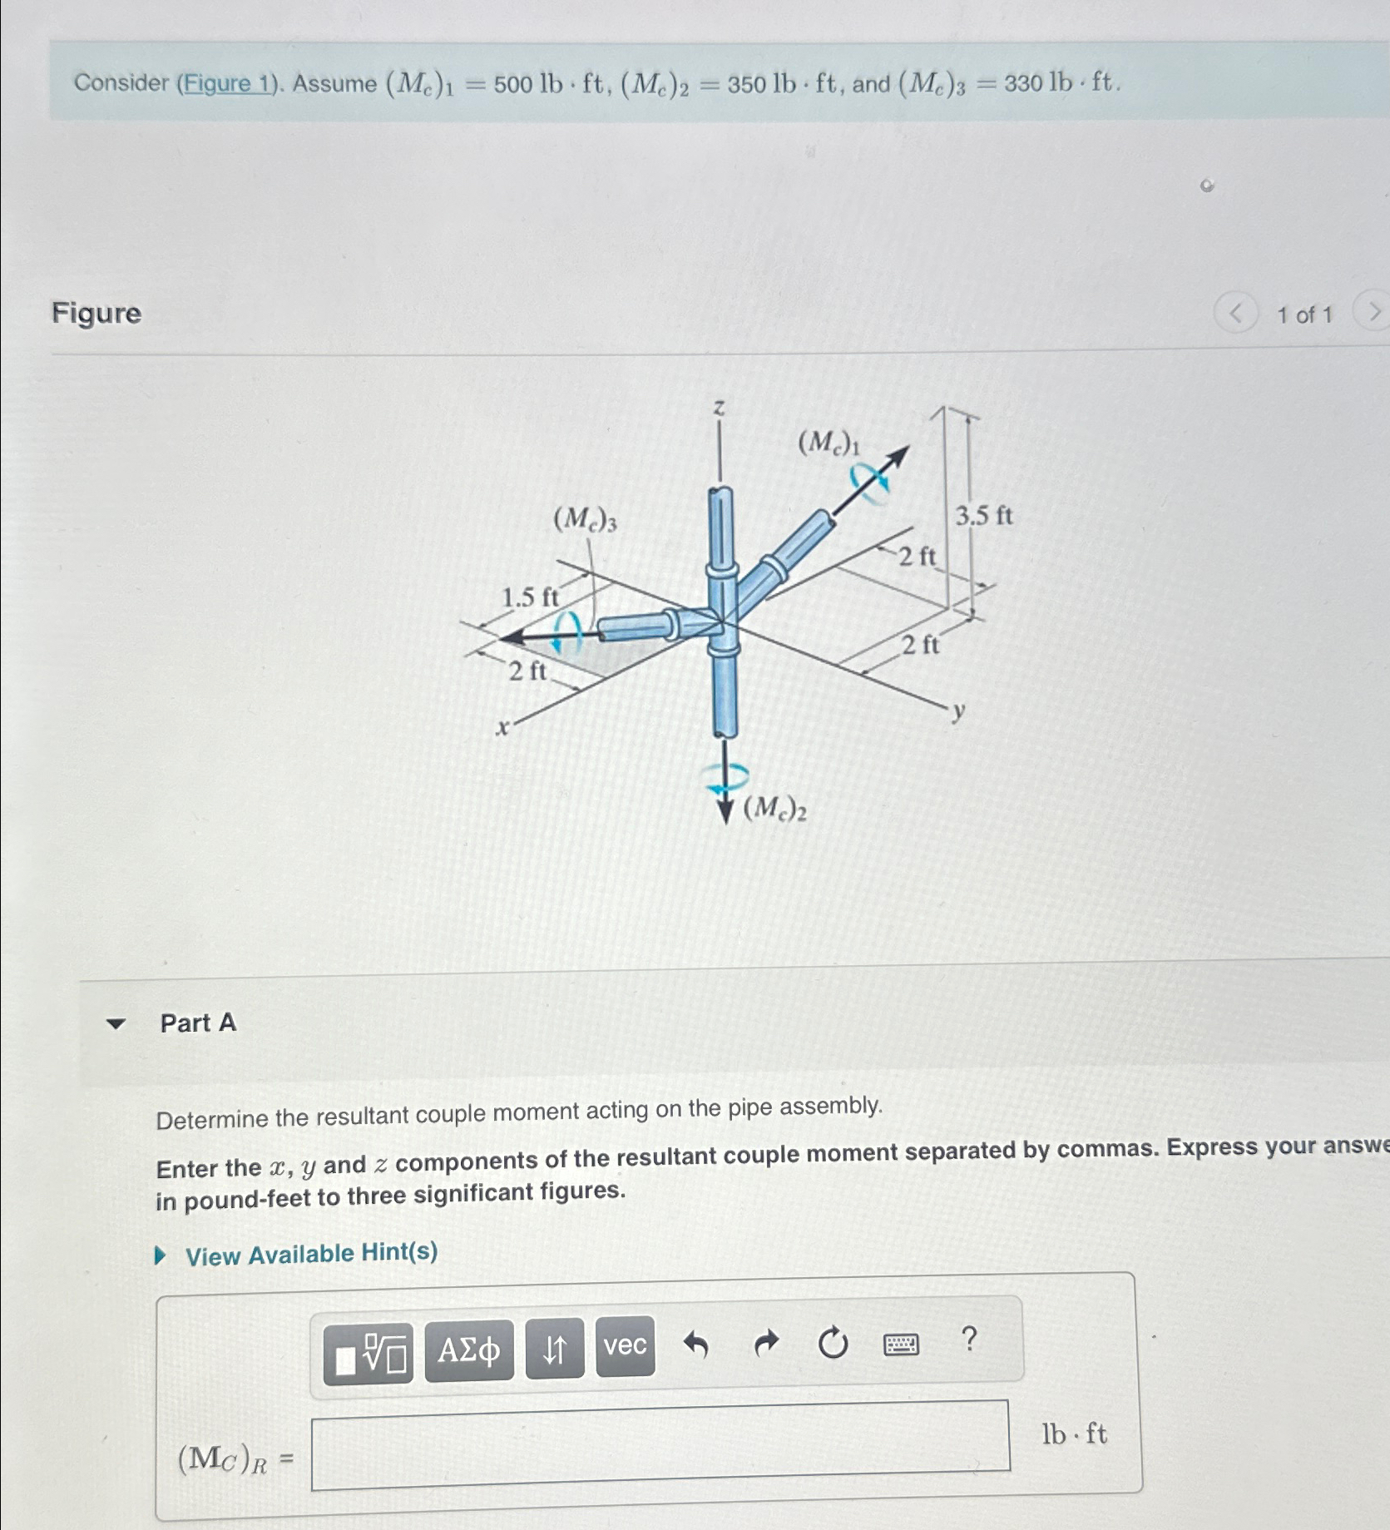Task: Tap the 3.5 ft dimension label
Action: (x=983, y=516)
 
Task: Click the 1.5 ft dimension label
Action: (x=530, y=597)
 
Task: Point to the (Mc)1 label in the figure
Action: (x=828, y=443)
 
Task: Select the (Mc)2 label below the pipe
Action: (x=774, y=808)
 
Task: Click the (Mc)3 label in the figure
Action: (x=585, y=520)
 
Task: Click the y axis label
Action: (x=959, y=711)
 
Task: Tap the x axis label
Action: (x=502, y=729)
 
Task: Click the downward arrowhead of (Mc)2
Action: (x=726, y=811)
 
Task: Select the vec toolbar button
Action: (x=625, y=1345)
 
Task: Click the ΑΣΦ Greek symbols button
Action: (x=469, y=1349)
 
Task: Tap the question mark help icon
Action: (x=968, y=1339)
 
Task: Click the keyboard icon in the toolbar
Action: (x=901, y=1344)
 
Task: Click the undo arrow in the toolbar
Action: (x=695, y=1344)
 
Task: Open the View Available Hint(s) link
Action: (x=310, y=1254)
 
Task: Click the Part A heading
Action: (x=198, y=1022)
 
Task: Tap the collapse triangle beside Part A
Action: (x=116, y=1023)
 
